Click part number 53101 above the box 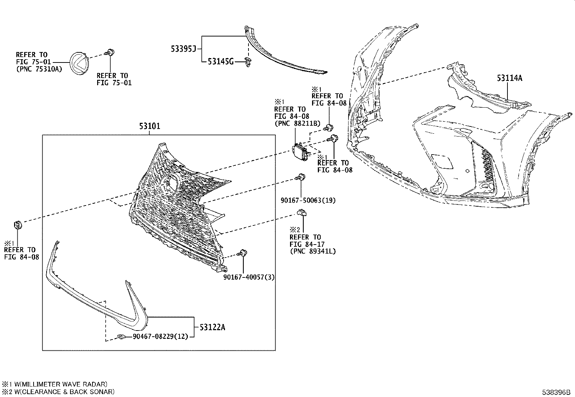150,126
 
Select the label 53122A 212,327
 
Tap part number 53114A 509,78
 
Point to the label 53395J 183,48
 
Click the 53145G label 220,62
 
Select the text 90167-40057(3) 249,277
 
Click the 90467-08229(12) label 160,336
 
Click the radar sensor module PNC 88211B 300,151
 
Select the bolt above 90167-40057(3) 242,253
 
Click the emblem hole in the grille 170,182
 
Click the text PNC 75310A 39,69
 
